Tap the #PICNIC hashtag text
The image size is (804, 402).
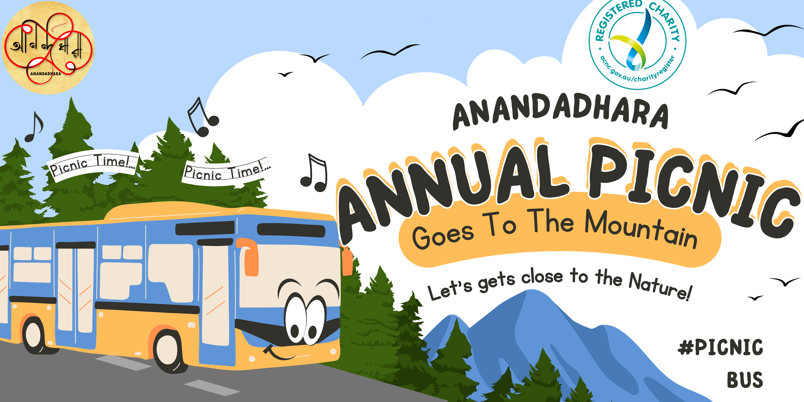tap(720, 347)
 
